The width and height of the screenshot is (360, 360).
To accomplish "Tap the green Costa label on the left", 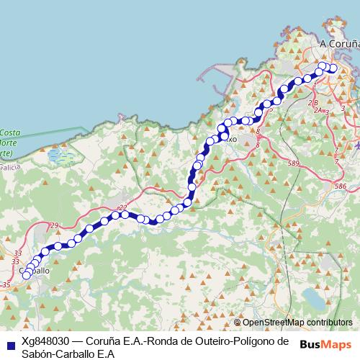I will pos(9,133).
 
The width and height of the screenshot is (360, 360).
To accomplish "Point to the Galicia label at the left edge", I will pos(7,165).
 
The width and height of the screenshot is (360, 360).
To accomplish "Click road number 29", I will pos(55,226).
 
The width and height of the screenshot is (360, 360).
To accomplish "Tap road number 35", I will pos(6,286).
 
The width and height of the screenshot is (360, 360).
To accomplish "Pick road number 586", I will pos(341,186).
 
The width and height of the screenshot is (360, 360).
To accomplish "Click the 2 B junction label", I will pos(314,103).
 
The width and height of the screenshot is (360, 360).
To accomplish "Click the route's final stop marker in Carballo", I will pos(27,274).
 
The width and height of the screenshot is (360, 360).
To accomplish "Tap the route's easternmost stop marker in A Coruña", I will pos(333,69).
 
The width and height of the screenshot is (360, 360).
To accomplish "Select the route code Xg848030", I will pos(45,341).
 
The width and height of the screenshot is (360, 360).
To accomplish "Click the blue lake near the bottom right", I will pos(315,297).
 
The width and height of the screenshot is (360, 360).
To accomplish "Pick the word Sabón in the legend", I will pos(38,354).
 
